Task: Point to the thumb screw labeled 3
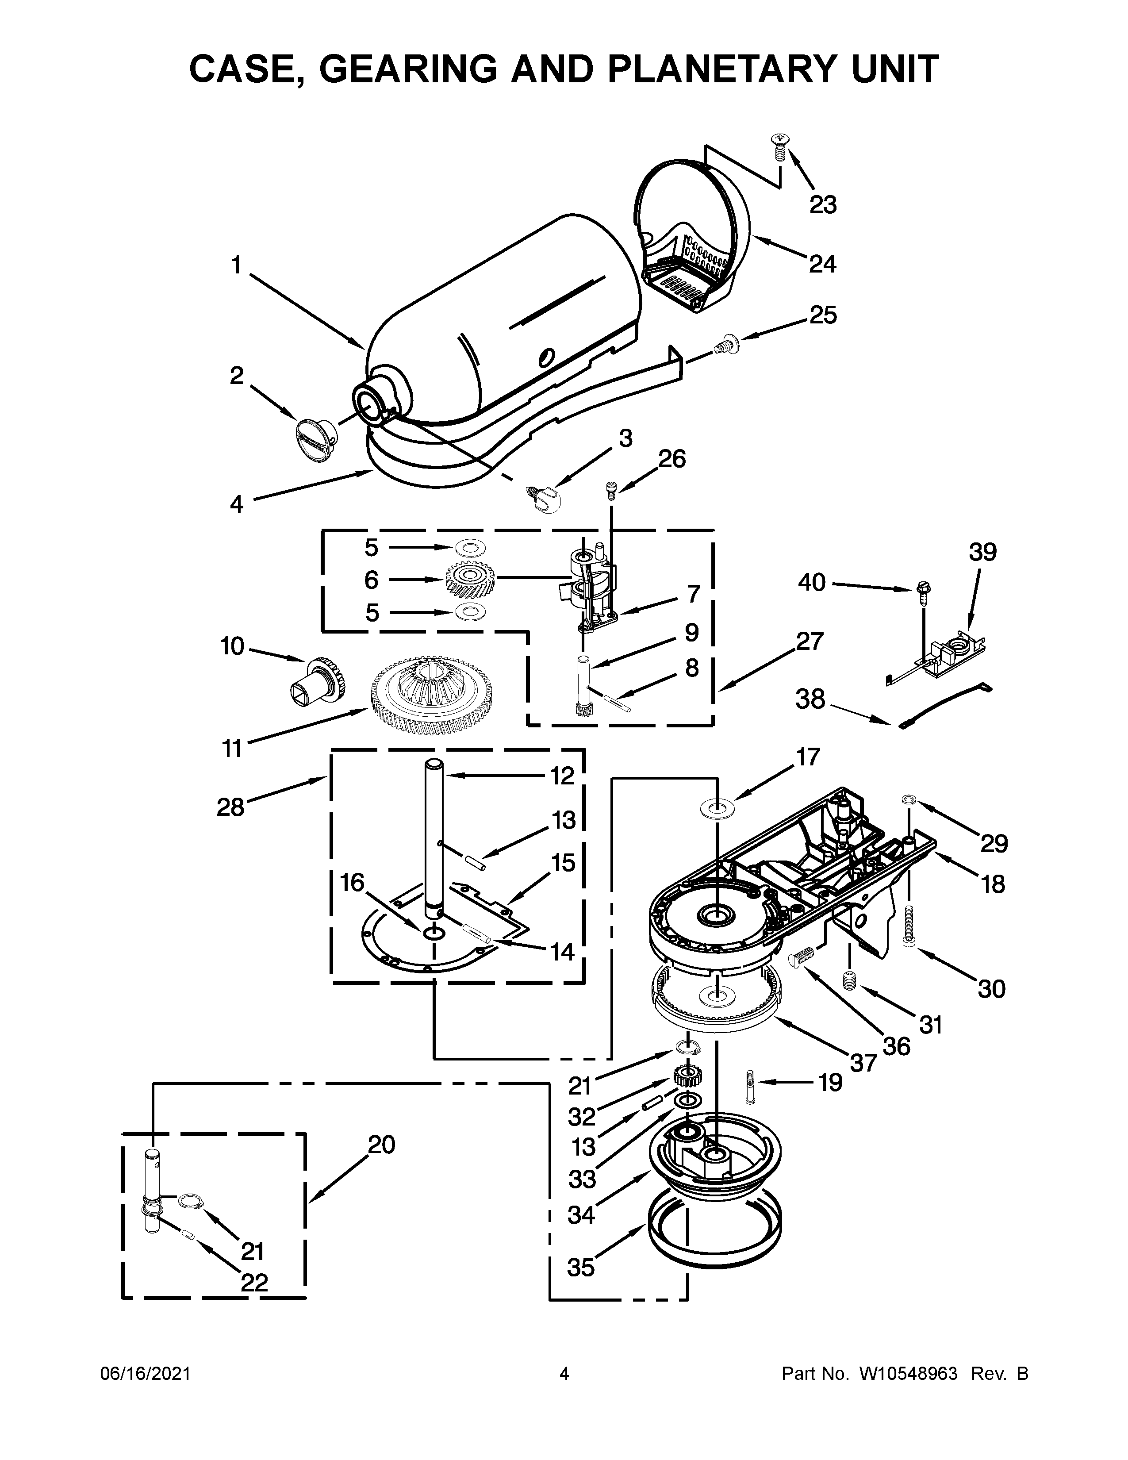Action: click(x=545, y=498)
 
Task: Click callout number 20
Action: click(x=382, y=1145)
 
